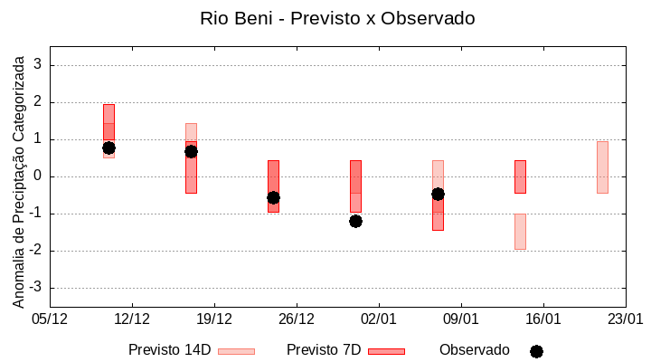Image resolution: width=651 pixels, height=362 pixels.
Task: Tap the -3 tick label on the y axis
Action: click(x=36, y=288)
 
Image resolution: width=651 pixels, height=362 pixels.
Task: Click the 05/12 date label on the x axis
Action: click(x=50, y=319)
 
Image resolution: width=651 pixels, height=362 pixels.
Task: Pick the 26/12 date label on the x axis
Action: click(x=297, y=319)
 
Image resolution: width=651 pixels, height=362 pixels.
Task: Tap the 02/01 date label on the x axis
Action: click(x=379, y=319)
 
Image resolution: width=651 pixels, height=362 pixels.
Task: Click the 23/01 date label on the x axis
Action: click(x=626, y=319)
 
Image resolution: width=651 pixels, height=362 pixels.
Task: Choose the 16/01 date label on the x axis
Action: click(x=543, y=319)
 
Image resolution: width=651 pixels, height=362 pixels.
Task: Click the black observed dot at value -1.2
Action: click(x=355, y=221)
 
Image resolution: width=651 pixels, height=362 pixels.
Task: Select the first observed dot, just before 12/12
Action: click(x=108, y=148)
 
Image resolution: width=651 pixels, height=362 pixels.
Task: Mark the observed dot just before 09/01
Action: click(x=438, y=194)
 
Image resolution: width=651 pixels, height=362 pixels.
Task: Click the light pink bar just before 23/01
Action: click(x=602, y=167)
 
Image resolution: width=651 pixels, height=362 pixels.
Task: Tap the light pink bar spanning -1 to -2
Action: click(x=520, y=232)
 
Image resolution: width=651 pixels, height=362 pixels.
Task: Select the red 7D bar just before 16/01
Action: click(x=520, y=176)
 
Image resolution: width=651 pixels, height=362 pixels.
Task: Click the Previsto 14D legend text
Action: click(x=169, y=349)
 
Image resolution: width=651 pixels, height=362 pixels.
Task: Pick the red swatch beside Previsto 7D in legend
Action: click(x=386, y=350)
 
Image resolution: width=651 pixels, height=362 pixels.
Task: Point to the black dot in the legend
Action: click(x=536, y=351)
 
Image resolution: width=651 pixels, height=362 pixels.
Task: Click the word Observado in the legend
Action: click(x=474, y=349)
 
